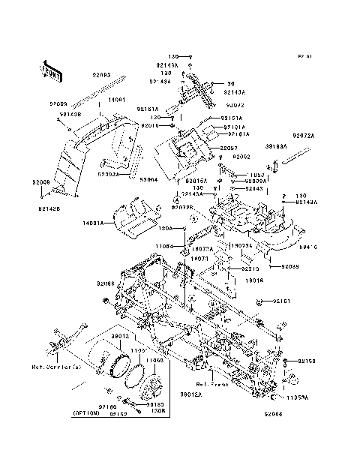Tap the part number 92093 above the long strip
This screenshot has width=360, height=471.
(x=102, y=75)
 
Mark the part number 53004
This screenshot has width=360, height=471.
(x=150, y=180)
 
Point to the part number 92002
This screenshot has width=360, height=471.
(x=240, y=157)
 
